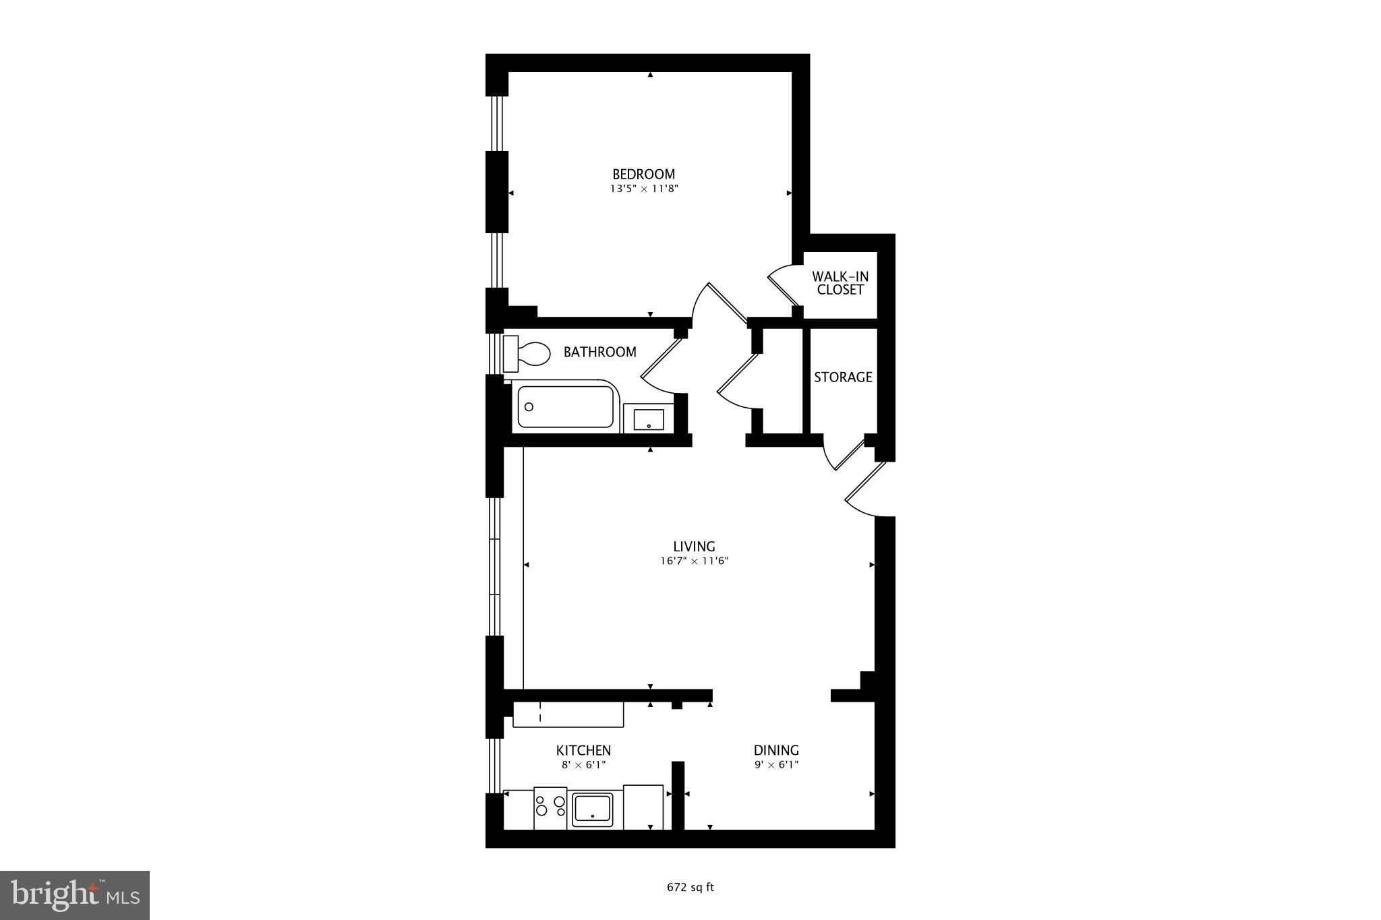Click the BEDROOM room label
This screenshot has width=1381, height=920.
tap(643, 174)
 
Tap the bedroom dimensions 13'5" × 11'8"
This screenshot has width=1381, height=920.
tap(643, 189)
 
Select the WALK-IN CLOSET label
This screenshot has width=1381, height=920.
tap(840, 283)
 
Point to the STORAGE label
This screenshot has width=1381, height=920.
tap(843, 377)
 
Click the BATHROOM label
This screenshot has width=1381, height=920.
tap(599, 352)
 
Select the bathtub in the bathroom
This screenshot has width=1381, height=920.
tap(565, 406)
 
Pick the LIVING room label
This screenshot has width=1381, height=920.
tap(694, 546)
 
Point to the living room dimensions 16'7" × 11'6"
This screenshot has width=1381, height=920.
tap(695, 561)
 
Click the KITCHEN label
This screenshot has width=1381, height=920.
tap(583, 750)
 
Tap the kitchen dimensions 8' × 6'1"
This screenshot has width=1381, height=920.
tap(583, 765)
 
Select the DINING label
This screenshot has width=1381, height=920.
tap(776, 750)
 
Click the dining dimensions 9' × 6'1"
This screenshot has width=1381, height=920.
tap(776, 765)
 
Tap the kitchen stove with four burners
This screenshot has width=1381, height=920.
tap(550, 807)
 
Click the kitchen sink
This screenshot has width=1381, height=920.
tap(592, 809)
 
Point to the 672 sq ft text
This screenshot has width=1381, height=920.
tap(690, 888)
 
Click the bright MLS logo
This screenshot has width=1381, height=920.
tap(75, 895)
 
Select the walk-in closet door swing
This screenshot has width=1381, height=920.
tap(782, 286)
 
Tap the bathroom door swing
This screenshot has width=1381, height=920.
tap(661, 367)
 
